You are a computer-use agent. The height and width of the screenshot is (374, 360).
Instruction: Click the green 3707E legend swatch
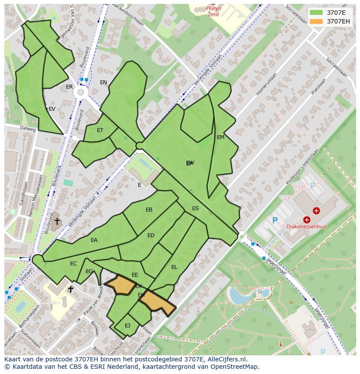point(316,13)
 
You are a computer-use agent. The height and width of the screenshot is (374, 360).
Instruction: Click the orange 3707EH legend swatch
point(316,21)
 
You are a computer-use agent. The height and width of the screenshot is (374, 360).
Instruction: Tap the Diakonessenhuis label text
point(307,227)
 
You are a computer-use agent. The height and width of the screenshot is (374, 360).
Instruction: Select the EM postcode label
point(220,137)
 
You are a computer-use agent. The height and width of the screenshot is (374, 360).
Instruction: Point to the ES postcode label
point(195,209)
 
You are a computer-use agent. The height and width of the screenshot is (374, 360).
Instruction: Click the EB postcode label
point(149,210)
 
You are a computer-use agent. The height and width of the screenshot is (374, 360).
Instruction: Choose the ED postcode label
point(151,235)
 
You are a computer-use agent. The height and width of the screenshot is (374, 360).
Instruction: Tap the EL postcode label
point(174,267)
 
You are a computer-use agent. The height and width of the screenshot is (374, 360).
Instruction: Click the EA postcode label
point(94,240)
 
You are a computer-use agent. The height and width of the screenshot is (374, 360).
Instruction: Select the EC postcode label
point(73,264)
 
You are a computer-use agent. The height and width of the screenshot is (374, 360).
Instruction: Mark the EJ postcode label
point(127,325)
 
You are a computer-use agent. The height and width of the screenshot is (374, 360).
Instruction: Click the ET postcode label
point(100,130)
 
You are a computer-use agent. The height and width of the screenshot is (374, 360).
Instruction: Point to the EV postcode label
point(52,109)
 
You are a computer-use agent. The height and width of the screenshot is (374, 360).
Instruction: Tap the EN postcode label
point(103,83)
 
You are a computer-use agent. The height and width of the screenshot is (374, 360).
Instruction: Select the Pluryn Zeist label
point(213,11)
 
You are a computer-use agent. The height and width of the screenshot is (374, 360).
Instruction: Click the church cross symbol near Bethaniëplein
point(70,289)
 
